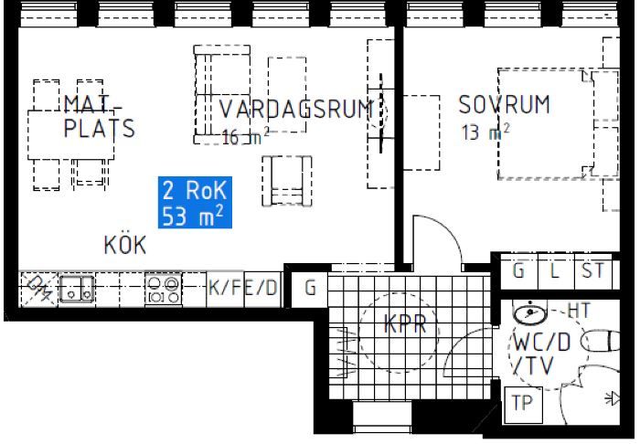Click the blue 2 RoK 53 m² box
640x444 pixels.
[195, 202]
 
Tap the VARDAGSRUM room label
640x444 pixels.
[297, 109]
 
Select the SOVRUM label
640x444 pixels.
[505, 104]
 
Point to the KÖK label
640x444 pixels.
[125, 245]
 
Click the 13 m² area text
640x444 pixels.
[485, 132]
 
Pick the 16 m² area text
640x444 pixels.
[245, 137]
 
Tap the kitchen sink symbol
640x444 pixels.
[77, 289]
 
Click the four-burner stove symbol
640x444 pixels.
[164, 289]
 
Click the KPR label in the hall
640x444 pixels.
[405, 324]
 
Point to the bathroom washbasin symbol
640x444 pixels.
[529, 313]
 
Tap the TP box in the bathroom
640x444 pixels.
[523, 405]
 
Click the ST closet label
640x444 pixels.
[593, 270]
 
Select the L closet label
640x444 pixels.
[554, 270]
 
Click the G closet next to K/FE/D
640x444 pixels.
[310, 288]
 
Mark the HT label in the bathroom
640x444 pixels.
[579, 311]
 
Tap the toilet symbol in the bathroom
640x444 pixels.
[600, 341]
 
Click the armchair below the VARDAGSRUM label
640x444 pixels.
[287, 181]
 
